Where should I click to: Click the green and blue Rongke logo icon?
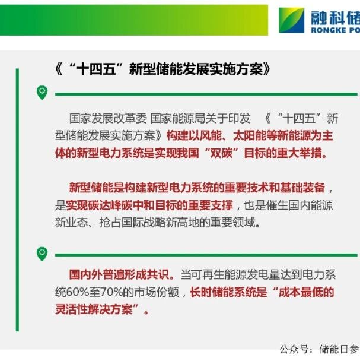tap(291, 20)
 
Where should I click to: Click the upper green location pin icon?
tap(42, 93)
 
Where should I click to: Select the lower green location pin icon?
tap(42, 254)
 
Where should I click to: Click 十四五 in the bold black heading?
tap(96, 69)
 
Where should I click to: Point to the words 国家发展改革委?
tap(108, 119)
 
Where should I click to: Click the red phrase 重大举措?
tap(300, 153)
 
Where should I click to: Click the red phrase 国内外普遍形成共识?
tap(119, 274)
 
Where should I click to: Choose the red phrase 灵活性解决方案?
tap(94, 309)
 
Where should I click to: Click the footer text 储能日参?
tap(339, 349)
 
